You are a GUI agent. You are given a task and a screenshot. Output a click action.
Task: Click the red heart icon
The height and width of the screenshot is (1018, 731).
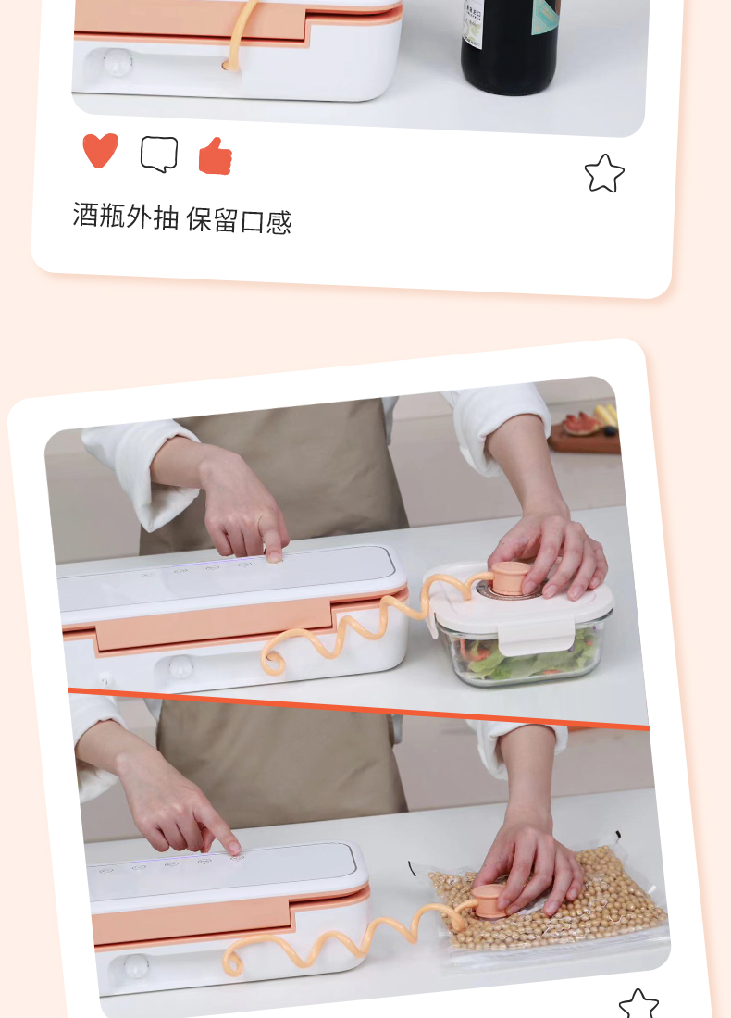tap(101, 150)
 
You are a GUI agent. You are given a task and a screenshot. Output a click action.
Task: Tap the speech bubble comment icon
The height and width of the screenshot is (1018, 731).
tap(159, 154)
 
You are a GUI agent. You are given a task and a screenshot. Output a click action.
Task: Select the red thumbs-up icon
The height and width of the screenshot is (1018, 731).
tap(216, 156)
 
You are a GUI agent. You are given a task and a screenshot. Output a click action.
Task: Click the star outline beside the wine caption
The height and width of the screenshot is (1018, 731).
tap(603, 173)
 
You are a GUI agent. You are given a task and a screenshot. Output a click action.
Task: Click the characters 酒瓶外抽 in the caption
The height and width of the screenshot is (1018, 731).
tap(125, 216)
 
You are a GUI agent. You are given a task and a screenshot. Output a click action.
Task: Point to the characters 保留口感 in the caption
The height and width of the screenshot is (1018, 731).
tap(239, 221)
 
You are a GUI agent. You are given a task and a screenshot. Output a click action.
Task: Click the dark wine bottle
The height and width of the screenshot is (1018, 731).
tap(510, 45)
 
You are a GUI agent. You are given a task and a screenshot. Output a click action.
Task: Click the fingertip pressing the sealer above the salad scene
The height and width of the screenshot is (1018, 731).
tap(275, 555)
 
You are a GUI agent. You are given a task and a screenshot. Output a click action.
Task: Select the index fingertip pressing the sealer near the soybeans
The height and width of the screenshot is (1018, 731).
tap(233, 847)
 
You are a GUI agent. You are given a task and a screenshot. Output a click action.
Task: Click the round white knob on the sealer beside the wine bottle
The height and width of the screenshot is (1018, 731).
tap(118, 63)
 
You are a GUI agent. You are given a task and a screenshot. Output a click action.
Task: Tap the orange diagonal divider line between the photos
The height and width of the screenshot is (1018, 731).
tap(358, 708)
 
